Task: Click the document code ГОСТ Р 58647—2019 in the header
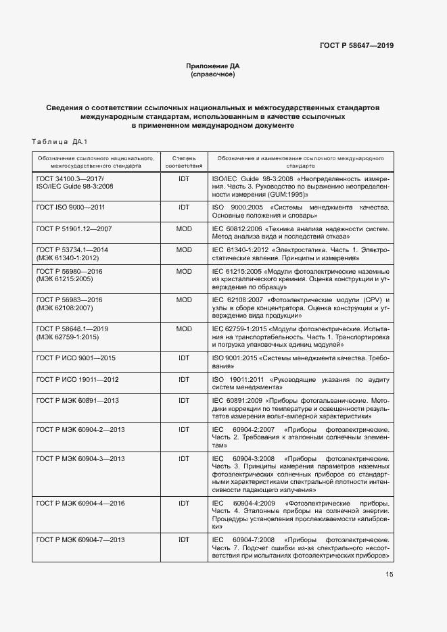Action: [x=356, y=45]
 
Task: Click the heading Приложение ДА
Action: [x=213, y=66]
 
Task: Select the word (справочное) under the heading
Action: [x=213, y=74]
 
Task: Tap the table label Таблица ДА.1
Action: [x=60, y=141]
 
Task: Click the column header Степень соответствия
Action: [x=184, y=161]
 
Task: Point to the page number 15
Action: [x=390, y=575]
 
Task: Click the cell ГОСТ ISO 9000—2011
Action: [x=70, y=207]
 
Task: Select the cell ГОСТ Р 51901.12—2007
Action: [x=74, y=228]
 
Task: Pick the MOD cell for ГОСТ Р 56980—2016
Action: [x=184, y=271]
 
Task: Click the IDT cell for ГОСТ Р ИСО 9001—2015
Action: [x=184, y=358]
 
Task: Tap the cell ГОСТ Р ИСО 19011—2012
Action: [x=77, y=379]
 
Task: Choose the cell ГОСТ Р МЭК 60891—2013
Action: [x=77, y=401]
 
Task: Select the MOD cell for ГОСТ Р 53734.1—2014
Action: [x=184, y=249]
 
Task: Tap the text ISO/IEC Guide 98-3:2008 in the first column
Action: [x=74, y=185]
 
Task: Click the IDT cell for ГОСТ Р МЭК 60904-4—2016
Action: [x=184, y=504]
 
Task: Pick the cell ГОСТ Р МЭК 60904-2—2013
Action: [x=80, y=429]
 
